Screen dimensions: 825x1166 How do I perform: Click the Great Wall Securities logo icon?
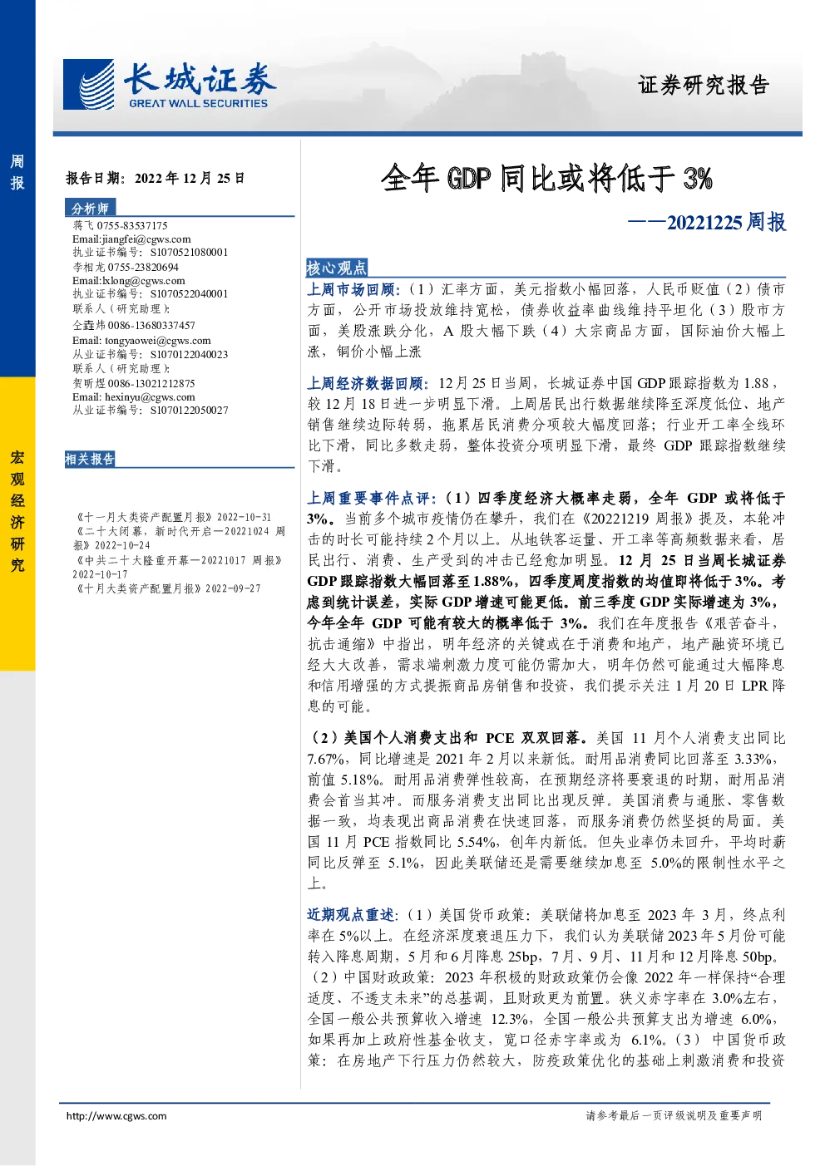click(x=88, y=84)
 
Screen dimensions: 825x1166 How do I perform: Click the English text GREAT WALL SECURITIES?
click(x=199, y=103)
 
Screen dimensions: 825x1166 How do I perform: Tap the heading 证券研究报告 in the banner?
click(x=704, y=85)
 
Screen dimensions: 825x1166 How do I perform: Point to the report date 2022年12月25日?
click(x=190, y=179)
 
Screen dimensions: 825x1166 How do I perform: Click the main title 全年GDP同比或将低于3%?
click(x=546, y=178)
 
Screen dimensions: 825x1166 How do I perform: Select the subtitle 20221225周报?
click(x=726, y=222)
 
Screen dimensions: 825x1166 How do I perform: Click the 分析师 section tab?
click(x=90, y=208)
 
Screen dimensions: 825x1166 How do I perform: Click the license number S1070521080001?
click(x=189, y=253)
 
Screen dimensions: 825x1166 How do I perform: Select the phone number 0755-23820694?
click(x=143, y=267)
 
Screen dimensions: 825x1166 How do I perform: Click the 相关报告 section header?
click(x=90, y=459)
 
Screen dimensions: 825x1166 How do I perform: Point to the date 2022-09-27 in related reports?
click(x=233, y=588)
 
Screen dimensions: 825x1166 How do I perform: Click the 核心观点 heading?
click(x=337, y=268)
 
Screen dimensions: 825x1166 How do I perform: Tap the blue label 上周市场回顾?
click(x=351, y=289)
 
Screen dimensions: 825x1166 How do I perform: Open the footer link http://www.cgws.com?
click(x=116, y=1116)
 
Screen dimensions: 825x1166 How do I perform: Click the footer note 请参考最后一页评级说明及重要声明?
click(x=674, y=1115)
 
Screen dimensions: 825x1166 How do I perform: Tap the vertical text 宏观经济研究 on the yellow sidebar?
click(x=17, y=511)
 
